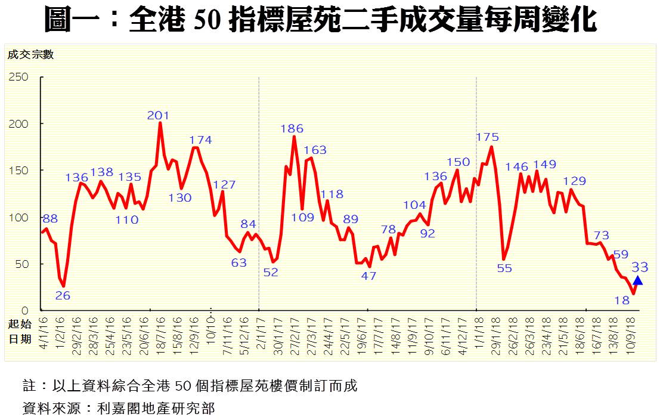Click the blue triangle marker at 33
638,281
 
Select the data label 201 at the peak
159,116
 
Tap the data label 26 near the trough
63,295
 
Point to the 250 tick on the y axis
18,77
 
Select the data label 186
292,129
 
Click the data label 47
369,276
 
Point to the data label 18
622,301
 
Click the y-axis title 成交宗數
30,55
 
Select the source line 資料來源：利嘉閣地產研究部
118,409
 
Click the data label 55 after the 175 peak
504,268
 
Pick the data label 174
201,140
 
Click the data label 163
315,150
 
